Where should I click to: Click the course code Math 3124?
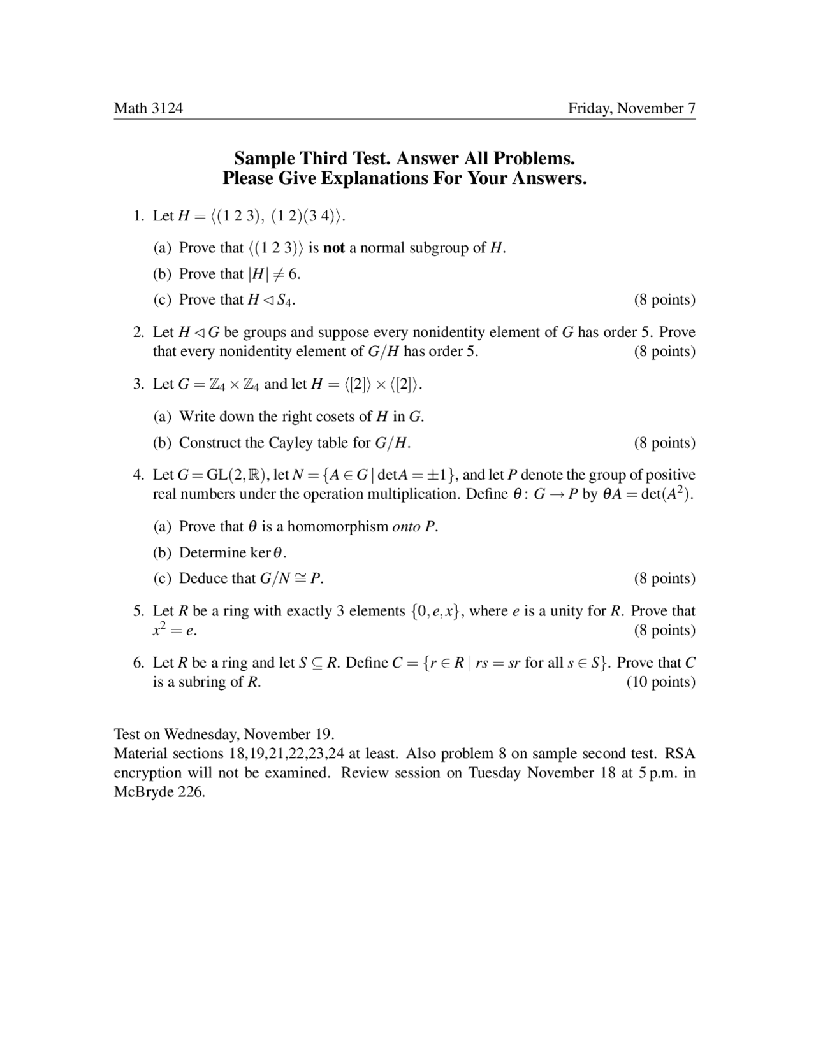tap(148, 108)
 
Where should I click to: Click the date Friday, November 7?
tap(631, 108)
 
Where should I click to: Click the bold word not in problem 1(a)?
tap(334, 248)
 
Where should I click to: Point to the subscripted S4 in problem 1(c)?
tap(286, 300)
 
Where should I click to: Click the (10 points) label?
tap(660, 682)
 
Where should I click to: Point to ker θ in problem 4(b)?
tap(268, 553)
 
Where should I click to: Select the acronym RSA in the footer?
tap(680, 754)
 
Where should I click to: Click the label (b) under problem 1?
tap(162, 274)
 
